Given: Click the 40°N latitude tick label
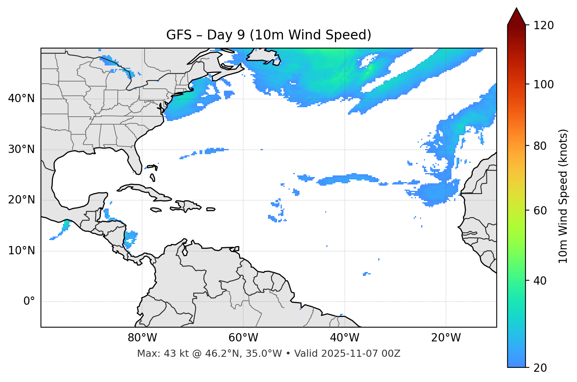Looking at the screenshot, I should click(x=21, y=99).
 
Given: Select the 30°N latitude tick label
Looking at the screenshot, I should click(x=21, y=149).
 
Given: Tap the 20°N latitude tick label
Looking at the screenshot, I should click(x=21, y=200).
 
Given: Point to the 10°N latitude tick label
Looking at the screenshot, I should click(x=21, y=251).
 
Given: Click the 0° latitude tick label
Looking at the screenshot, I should click(x=29, y=302).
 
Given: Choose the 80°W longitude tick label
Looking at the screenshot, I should click(x=142, y=338).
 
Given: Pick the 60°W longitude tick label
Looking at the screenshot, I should click(x=243, y=338).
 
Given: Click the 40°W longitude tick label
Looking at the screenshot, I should click(x=344, y=338).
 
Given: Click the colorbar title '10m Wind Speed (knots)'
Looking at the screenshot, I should click(x=563, y=196).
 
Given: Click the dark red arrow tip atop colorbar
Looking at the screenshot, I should click(x=516, y=16).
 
